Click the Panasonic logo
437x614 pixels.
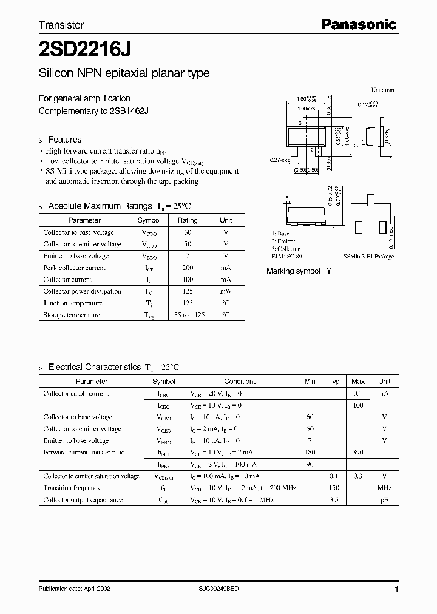pyautogui.click(x=358, y=24)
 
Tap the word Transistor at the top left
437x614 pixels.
pyautogui.click(x=61, y=25)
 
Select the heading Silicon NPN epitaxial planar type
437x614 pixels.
pyautogui.click(x=124, y=73)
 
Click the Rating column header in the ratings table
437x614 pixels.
pyautogui.click(x=188, y=220)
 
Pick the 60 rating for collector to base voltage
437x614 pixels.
pyautogui.click(x=188, y=232)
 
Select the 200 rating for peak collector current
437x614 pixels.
pyautogui.click(x=188, y=268)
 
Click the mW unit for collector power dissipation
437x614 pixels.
pyautogui.click(x=226, y=291)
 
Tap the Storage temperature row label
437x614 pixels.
pyautogui.click(x=71, y=315)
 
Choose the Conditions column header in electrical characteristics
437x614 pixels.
pyautogui.click(x=240, y=382)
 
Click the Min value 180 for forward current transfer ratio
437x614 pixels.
pyautogui.click(x=310, y=453)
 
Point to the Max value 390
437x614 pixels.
pyautogui.click(x=358, y=453)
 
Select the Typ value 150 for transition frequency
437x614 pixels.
pyautogui.click(x=334, y=488)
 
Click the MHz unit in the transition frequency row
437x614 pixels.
pyautogui.click(x=384, y=488)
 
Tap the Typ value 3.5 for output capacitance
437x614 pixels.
pyautogui.click(x=334, y=500)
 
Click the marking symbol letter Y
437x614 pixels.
pyautogui.click(x=328, y=271)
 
